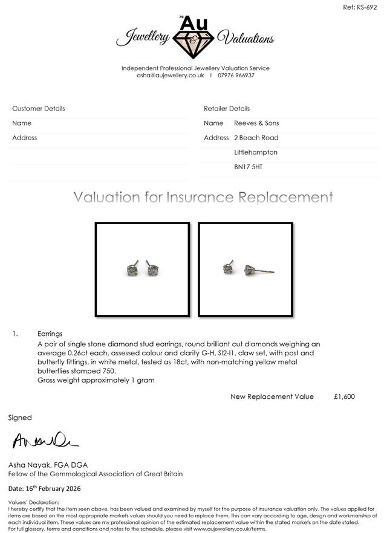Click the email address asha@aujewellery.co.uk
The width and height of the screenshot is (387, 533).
[x=171, y=75]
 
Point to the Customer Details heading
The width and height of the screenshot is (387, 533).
[x=39, y=109]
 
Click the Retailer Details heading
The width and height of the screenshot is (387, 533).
[x=227, y=109]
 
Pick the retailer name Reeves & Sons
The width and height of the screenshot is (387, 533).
[x=256, y=123]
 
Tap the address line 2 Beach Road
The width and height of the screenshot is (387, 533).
[x=256, y=138]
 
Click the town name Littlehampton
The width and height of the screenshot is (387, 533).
[x=256, y=152]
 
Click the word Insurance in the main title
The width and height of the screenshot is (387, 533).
[x=202, y=198]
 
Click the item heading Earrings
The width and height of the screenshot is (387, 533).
[x=50, y=334]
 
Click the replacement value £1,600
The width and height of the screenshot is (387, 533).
[x=344, y=396]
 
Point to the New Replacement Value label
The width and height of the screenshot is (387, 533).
[x=272, y=396]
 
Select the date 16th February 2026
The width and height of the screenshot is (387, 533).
[x=54, y=488]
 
